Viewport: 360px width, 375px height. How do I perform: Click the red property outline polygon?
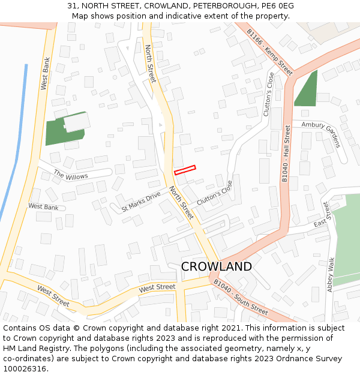(x=185, y=170)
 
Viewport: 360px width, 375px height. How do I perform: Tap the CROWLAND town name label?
(x=216, y=266)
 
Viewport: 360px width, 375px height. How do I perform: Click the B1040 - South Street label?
(x=241, y=297)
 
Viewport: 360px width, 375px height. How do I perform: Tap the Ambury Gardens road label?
(x=321, y=133)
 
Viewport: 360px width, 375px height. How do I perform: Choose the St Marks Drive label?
(x=141, y=202)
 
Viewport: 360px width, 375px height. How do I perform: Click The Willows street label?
(x=71, y=175)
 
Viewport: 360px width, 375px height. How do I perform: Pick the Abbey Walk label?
(x=331, y=275)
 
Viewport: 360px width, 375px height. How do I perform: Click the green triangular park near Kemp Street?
(x=307, y=91)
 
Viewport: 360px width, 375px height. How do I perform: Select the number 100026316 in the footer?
(x=25, y=369)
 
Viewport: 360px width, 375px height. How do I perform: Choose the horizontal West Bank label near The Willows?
(x=43, y=206)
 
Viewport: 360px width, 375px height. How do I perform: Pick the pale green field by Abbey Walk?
(x=347, y=237)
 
